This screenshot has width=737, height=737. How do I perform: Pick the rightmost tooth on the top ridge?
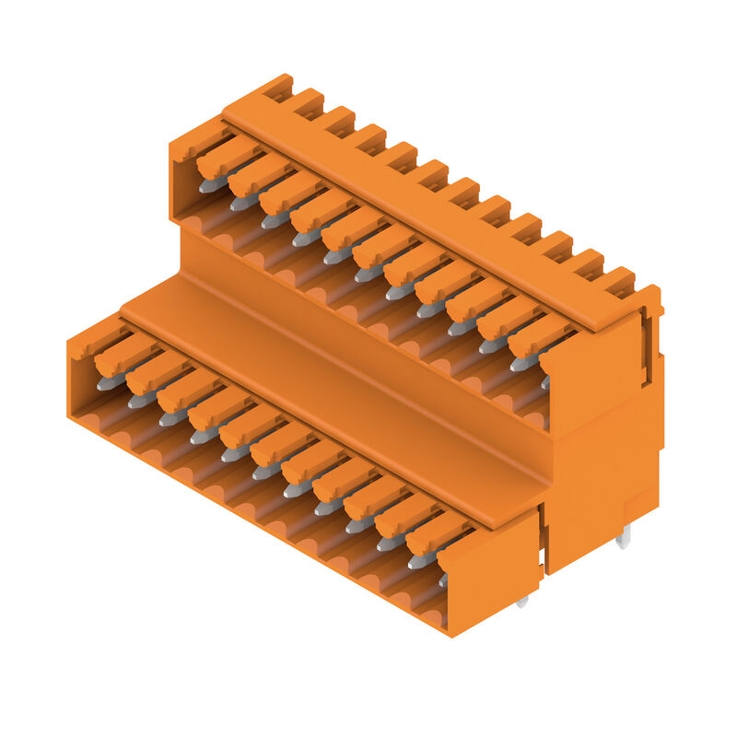tap(619, 278)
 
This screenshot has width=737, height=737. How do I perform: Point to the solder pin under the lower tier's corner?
tap(522, 602)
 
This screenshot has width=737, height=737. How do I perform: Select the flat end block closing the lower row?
tap(488, 576)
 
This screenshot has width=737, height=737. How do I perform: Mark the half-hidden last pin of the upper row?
tap(545, 380)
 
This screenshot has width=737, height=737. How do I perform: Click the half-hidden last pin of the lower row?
tap(442, 579)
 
